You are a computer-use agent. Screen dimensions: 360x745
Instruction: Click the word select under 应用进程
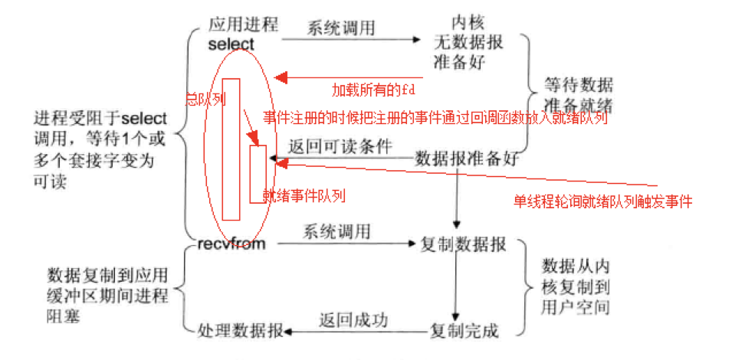click(x=231, y=44)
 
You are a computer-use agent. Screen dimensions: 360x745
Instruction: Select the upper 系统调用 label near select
click(x=341, y=28)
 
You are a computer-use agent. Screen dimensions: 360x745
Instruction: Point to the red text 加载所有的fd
click(x=372, y=90)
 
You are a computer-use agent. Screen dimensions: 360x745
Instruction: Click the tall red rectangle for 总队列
click(x=231, y=149)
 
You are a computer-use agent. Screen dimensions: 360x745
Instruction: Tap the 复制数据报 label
click(x=463, y=245)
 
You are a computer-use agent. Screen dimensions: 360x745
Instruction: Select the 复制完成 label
click(x=464, y=331)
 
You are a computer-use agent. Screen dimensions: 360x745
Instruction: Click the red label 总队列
click(x=202, y=99)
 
